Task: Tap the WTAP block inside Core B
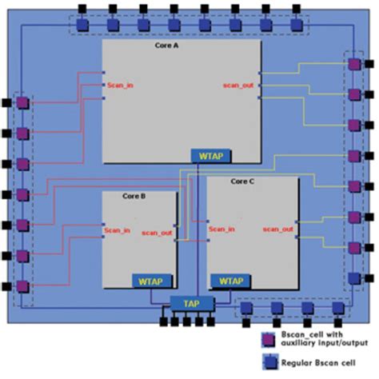pos(149,281)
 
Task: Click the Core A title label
pos(166,46)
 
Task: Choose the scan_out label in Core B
pos(157,233)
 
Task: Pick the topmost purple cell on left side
pos(23,103)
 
